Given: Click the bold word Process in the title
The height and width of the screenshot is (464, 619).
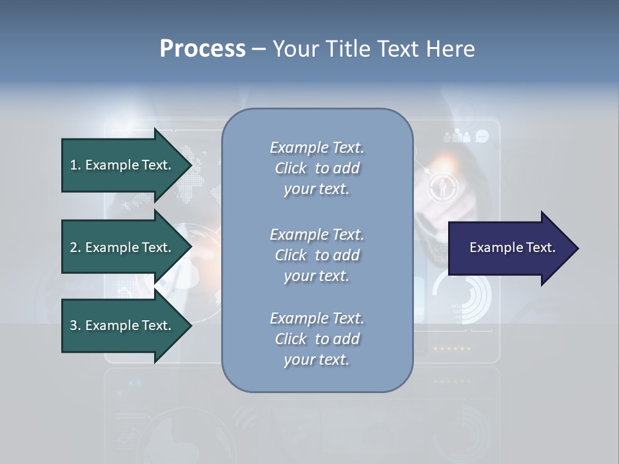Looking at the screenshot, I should click(202, 49).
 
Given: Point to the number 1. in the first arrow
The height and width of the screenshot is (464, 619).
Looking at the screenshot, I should click(75, 165).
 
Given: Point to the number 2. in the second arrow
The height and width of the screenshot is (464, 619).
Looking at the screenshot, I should click(75, 247).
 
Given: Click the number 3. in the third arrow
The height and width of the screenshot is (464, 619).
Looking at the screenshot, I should click(75, 325).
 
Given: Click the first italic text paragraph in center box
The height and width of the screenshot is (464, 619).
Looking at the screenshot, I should click(317, 168).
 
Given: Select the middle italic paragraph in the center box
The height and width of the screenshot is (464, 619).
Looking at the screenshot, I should click(317, 255).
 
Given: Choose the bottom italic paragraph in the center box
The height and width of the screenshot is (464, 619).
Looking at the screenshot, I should click(317, 339).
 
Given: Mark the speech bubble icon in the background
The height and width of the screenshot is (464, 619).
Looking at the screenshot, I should click(482, 136).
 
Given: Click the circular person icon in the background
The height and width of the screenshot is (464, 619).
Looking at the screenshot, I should click(443, 186).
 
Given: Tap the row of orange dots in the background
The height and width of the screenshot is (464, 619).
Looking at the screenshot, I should click(452, 349).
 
